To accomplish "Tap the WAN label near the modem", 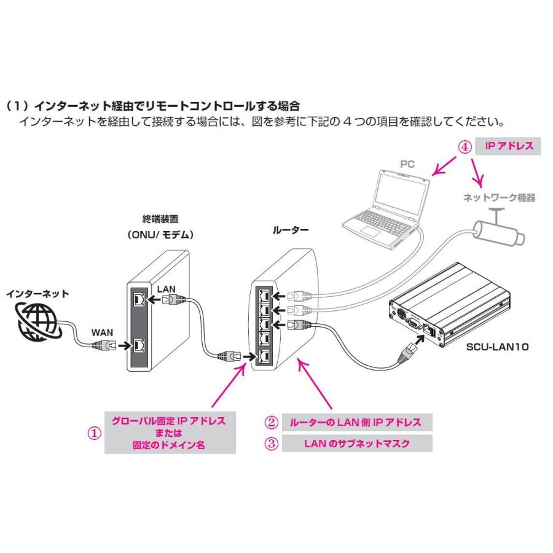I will tap(103, 332).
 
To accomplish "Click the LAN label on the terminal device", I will tap(167, 288).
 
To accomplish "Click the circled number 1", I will tap(93, 433).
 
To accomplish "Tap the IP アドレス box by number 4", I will tap(508, 147).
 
